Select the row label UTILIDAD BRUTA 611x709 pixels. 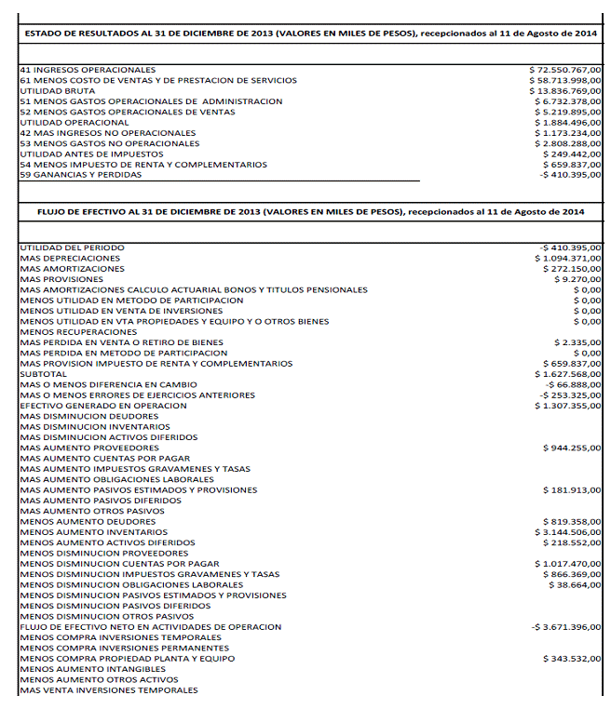[56, 90]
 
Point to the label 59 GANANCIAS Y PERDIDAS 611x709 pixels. [80, 175]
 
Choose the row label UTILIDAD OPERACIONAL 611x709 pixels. [74, 122]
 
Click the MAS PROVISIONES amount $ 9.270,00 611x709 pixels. [577, 279]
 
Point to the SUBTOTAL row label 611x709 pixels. [42, 374]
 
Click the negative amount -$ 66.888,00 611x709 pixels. [571, 384]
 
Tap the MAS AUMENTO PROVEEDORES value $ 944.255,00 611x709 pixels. [571, 448]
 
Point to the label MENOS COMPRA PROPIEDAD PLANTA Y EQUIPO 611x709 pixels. [127, 659]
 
